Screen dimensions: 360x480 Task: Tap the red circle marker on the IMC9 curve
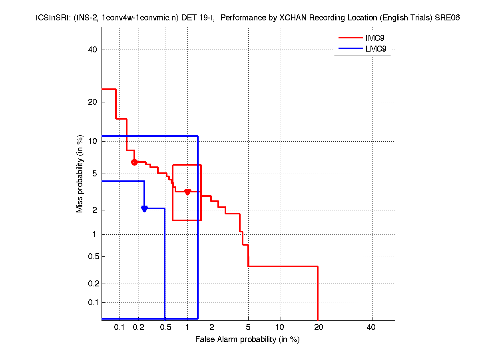(x=134, y=162)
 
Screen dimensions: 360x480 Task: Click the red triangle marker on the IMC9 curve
(x=187, y=192)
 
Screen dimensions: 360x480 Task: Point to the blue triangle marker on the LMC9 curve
(x=144, y=208)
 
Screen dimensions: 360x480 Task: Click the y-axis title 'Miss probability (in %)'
(x=80, y=174)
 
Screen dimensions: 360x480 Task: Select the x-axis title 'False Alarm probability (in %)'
(x=247, y=340)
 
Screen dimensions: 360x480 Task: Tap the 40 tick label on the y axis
(x=93, y=50)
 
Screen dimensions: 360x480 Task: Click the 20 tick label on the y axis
(x=93, y=102)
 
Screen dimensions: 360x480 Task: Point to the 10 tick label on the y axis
(x=93, y=141)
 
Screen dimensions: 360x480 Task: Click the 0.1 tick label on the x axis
(x=120, y=327)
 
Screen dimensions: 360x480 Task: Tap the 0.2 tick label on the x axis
(x=138, y=327)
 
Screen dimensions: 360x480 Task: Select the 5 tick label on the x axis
(x=248, y=327)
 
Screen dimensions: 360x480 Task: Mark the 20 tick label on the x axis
(x=318, y=327)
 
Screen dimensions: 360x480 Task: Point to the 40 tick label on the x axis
(x=371, y=327)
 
